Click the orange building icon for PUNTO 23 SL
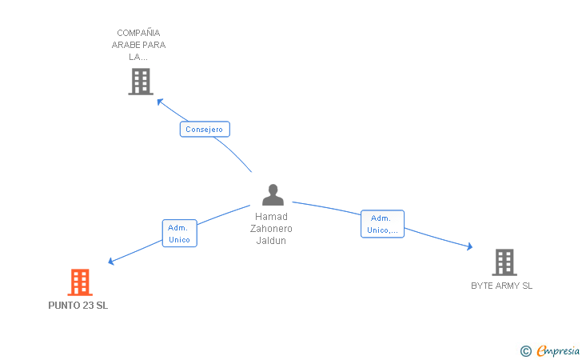pos(79,282)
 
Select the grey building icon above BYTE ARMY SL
pos(504,262)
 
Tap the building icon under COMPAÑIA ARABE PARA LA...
pos(140,82)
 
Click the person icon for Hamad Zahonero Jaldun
pos(273,195)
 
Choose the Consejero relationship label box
pos(205,129)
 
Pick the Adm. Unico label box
pos(179,234)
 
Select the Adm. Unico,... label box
pos(382,224)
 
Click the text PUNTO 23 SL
pos(78,306)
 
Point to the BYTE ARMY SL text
pos(502,286)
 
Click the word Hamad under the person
pos(272,217)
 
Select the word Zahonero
pos(272,229)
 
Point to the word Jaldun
pos(272,241)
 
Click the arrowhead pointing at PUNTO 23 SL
pos(111,262)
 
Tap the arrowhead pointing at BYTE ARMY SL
pos(469,248)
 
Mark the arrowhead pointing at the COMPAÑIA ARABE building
pos(160,102)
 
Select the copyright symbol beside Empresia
pos(525,350)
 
